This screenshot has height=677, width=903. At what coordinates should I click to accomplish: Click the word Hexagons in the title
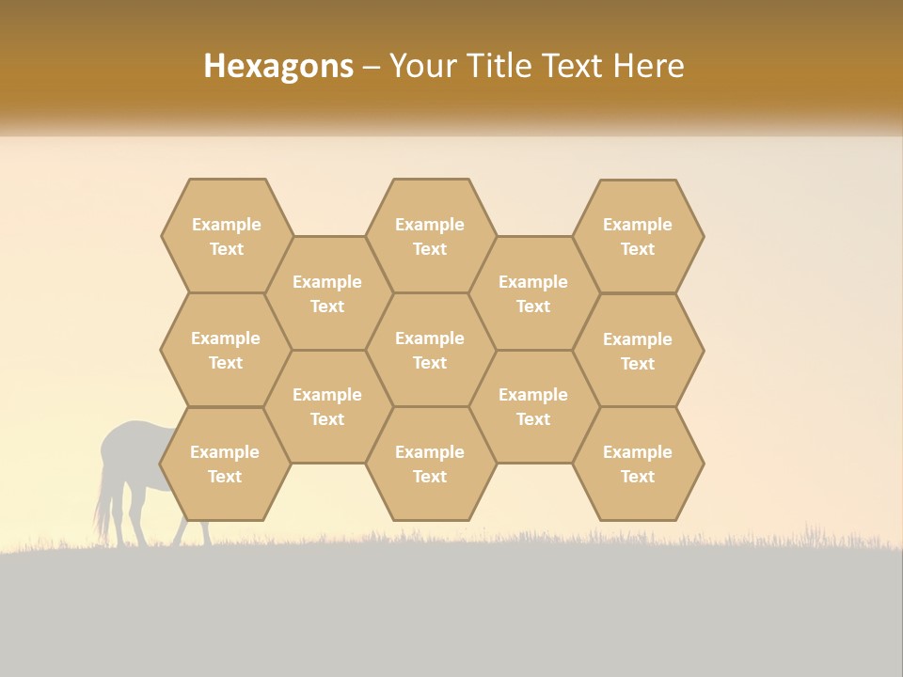pyautogui.click(x=278, y=66)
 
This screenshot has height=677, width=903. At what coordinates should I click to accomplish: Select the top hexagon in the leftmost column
pyautogui.click(x=226, y=236)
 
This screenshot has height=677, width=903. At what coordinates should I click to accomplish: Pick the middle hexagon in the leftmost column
pyautogui.click(x=226, y=350)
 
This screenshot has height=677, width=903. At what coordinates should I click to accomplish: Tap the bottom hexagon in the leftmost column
pyautogui.click(x=225, y=464)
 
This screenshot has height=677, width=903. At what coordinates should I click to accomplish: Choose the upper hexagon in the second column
pyautogui.click(x=327, y=293)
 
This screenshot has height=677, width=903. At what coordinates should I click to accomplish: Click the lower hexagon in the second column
pyautogui.click(x=327, y=406)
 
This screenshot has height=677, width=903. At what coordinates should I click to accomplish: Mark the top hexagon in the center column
pyautogui.click(x=430, y=236)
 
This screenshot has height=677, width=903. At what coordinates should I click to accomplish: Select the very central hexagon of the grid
pyautogui.click(x=430, y=350)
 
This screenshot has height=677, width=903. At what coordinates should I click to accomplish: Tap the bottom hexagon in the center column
pyautogui.click(x=430, y=464)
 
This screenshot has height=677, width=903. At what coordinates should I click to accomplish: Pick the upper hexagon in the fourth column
pyautogui.click(x=533, y=293)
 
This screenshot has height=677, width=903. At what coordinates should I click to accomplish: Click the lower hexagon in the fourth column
pyautogui.click(x=533, y=406)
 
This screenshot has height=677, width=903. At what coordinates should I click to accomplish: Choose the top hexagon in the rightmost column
pyautogui.click(x=638, y=236)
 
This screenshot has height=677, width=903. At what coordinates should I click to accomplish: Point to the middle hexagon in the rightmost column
pyautogui.click(x=638, y=351)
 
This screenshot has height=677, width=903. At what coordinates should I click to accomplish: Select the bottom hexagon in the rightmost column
pyautogui.click(x=638, y=464)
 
